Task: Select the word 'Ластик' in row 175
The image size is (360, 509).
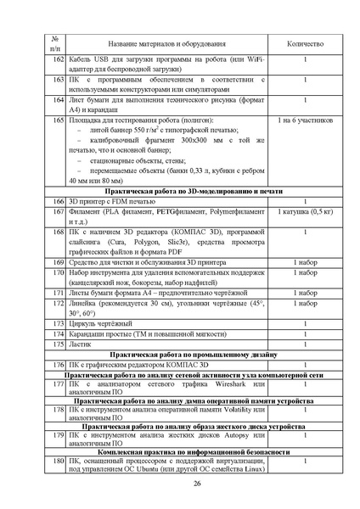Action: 82,344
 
